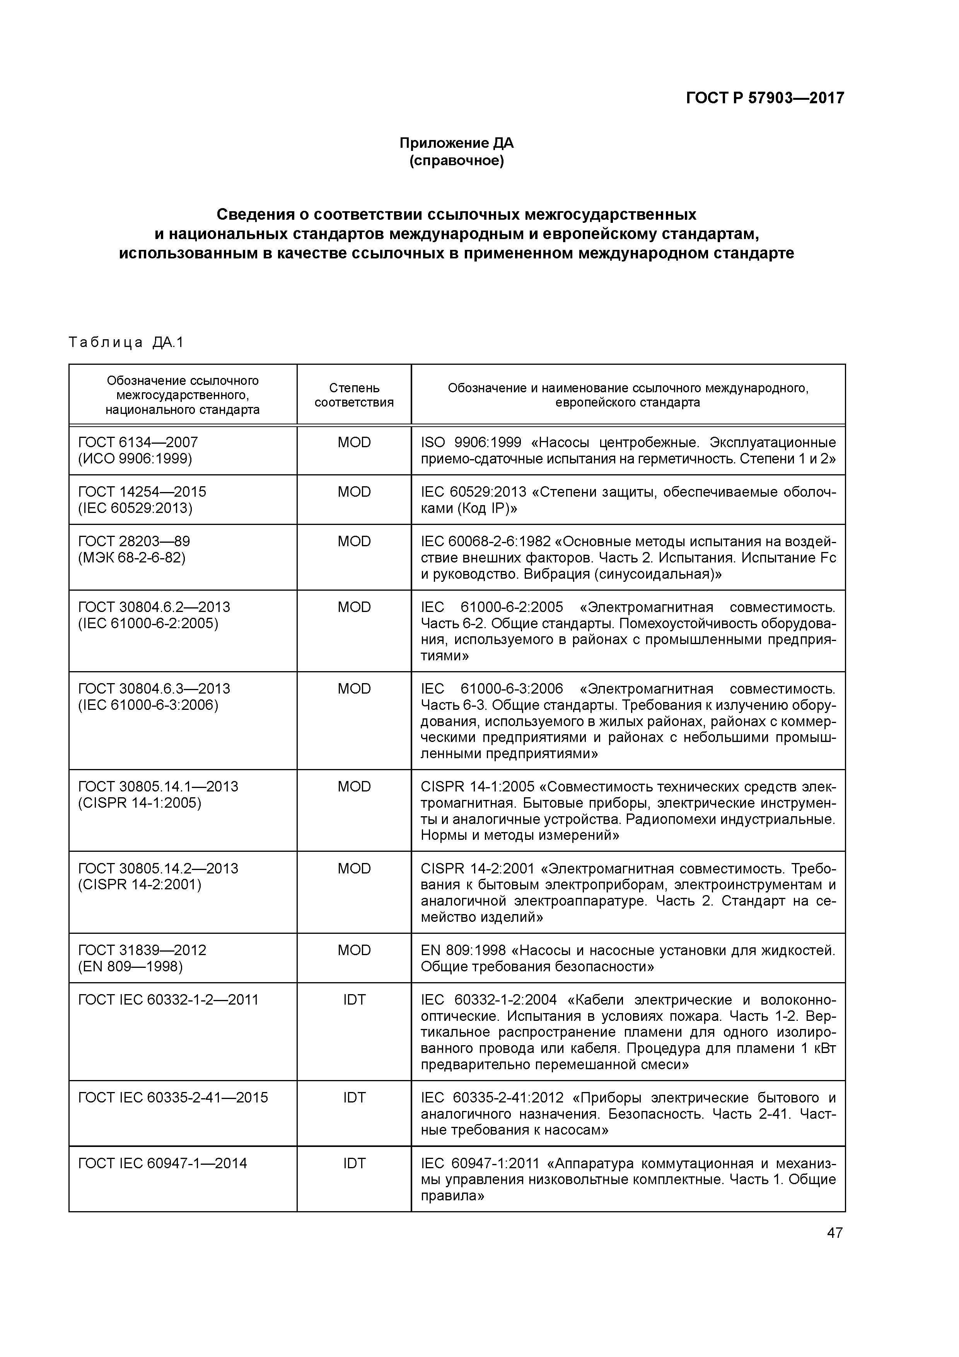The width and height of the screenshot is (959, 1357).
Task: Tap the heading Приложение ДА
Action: click(x=456, y=143)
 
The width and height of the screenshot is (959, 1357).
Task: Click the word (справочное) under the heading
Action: click(x=456, y=161)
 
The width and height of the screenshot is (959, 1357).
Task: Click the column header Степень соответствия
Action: click(x=353, y=395)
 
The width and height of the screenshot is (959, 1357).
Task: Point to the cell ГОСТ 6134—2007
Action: click(x=138, y=442)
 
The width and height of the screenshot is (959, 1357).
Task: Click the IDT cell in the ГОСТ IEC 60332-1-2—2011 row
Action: click(x=354, y=1000)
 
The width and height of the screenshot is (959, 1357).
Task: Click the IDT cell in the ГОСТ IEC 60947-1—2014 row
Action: click(x=354, y=1163)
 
